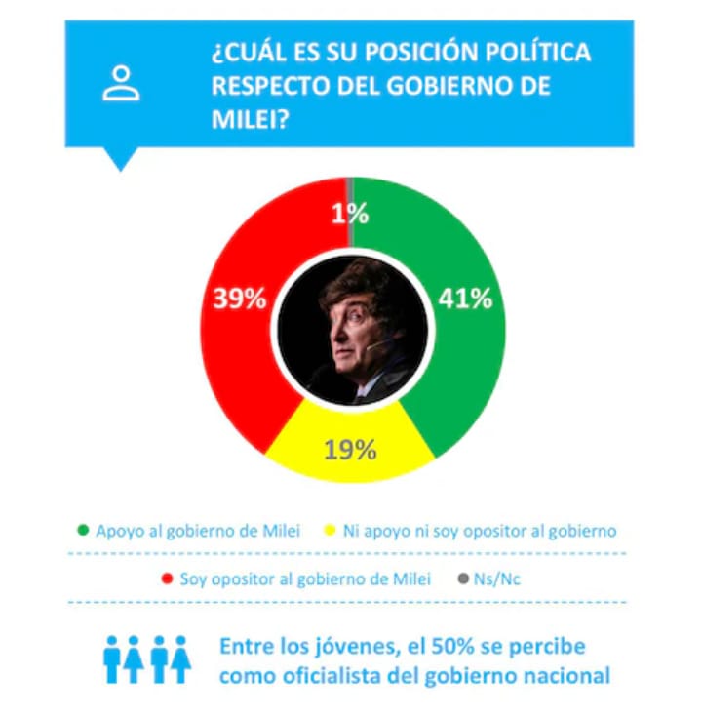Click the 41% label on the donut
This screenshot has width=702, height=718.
465,299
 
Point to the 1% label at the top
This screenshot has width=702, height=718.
349,214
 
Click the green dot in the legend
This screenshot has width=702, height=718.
84,531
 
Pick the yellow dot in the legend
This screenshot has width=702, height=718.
331,531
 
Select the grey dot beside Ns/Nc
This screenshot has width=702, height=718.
464,578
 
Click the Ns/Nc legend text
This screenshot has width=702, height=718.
498,578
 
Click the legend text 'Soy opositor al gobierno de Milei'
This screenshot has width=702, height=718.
304,578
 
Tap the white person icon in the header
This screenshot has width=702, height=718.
121,84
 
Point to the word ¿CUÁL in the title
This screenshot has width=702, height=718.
246,52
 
